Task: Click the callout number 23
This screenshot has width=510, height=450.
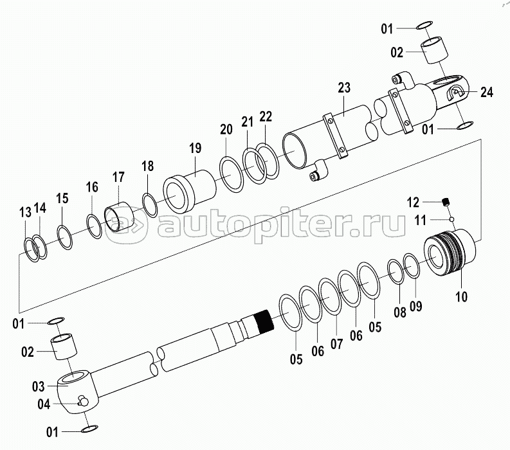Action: coord(344,87)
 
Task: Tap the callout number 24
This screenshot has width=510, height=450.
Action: coord(487,93)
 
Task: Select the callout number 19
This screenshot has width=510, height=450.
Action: coord(195,148)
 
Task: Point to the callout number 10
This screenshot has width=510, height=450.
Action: coord(461,296)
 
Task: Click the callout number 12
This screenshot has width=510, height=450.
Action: coord(413,203)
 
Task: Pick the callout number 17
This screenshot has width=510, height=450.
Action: coord(118,177)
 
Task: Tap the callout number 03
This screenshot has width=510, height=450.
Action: coord(38,386)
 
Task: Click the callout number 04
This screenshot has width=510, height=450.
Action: coord(44,404)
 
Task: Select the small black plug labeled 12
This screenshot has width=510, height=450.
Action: coord(446,202)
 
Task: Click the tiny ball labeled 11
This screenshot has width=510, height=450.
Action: coord(451,219)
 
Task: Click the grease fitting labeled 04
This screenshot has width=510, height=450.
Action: coord(83,401)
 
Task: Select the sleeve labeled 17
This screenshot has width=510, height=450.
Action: coord(119,217)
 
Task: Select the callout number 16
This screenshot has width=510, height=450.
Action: coord(92,187)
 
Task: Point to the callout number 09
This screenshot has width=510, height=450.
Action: coord(415,306)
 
